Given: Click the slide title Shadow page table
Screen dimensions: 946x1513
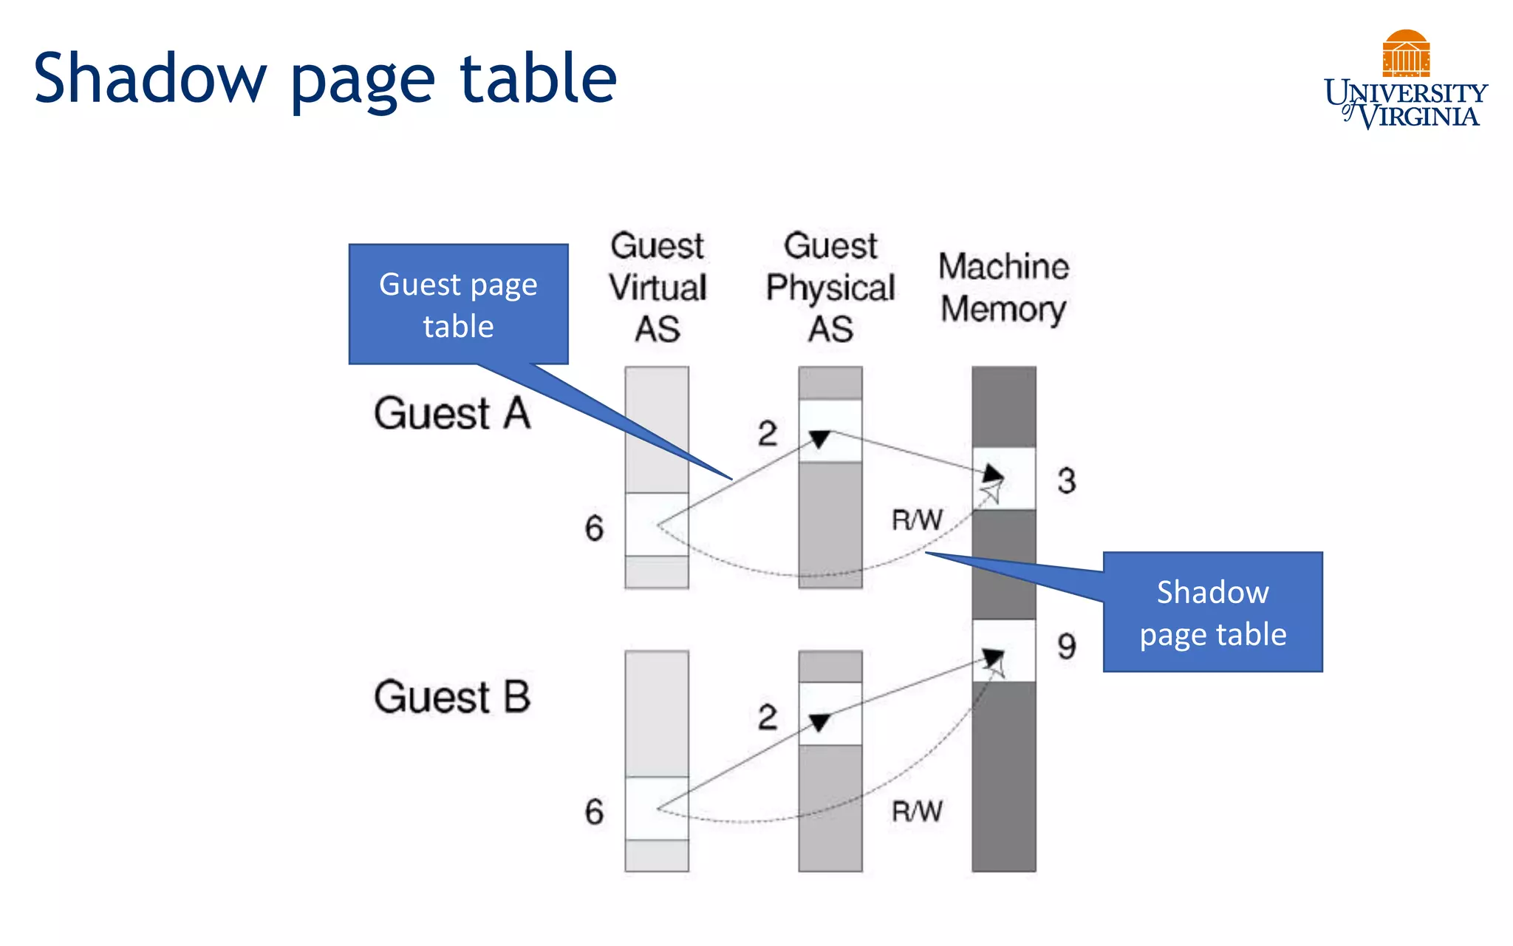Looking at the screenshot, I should pyautogui.click(x=325, y=78).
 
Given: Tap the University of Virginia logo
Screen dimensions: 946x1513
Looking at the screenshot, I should pyautogui.click(x=1405, y=81).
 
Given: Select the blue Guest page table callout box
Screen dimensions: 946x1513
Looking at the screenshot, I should pyautogui.click(x=458, y=304).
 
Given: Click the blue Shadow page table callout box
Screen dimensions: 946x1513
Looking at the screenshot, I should pyautogui.click(x=1212, y=612).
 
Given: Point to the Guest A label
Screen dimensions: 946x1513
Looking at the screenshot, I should pyautogui.click(x=452, y=413).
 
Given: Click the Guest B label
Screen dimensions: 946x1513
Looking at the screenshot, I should pyautogui.click(x=452, y=697).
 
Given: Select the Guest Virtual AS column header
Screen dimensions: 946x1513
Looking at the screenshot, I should pyautogui.click(x=658, y=287).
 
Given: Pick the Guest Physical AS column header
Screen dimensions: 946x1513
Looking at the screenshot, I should pyautogui.click(x=830, y=287).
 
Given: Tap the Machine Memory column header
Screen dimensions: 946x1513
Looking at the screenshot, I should pyautogui.click(x=1003, y=287).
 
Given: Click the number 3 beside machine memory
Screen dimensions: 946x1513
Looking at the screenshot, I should pyautogui.click(x=1066, y=481).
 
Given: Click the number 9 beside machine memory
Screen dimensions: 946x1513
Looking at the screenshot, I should pyautogui.click(x=1066, y=647).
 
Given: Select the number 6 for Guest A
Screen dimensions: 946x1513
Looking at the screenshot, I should pyautogui.click(x=594, y=528).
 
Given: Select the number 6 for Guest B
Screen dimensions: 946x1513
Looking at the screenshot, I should pyautogui.click(x=594, y=812).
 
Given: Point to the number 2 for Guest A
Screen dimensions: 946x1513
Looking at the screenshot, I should pyautogui.click(x=768, y=433).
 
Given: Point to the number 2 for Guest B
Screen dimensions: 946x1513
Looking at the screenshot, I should pyautogui.click(x=768, y=717).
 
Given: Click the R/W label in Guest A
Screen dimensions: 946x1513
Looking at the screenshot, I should pyautogui.click(x=917, y=520).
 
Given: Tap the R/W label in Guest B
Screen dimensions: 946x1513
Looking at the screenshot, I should pyautogui.click(x=917, y=811).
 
